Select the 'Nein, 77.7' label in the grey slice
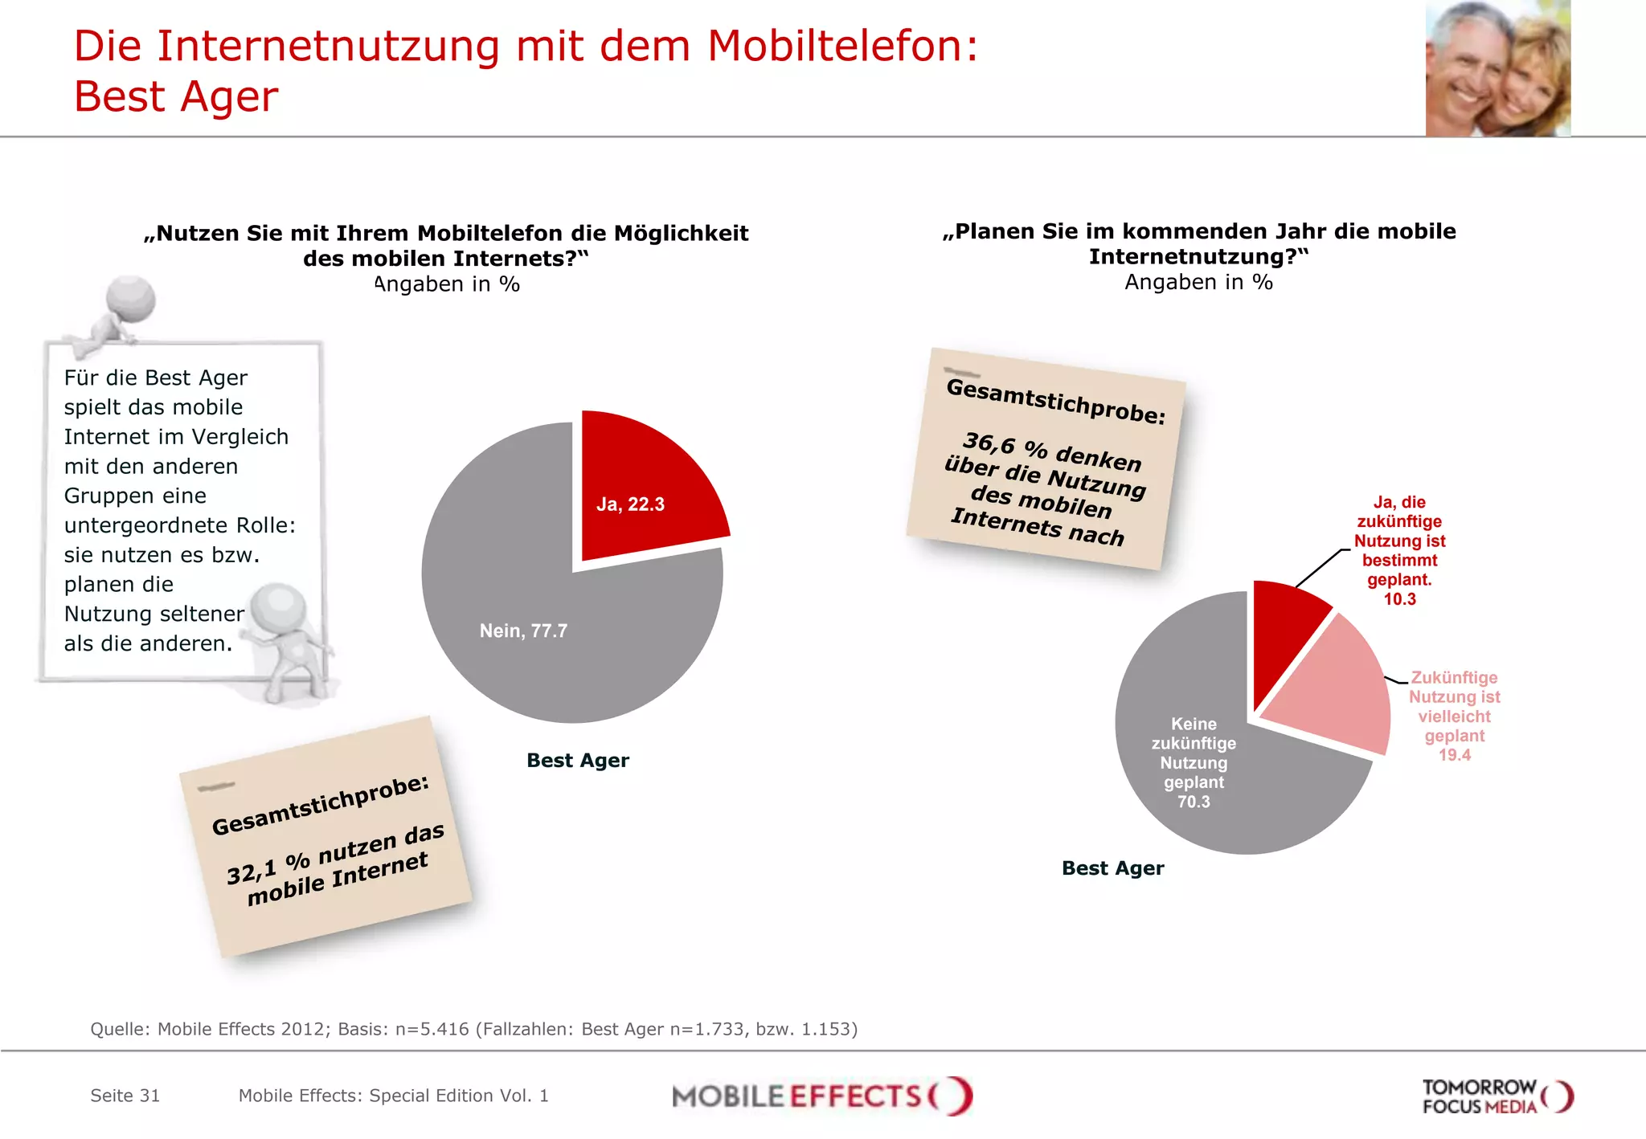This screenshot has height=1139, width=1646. [523, 631]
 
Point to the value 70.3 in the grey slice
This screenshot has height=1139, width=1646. [1194, 802]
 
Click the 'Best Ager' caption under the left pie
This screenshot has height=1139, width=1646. [577, 760]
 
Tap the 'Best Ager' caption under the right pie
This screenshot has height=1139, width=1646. [1112, 868]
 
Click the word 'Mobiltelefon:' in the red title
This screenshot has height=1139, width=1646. [842, 46]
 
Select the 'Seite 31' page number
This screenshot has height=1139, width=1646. [125, 1096]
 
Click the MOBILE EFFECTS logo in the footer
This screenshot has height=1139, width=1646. [821, 1096]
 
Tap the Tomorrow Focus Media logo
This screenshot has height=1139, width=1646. [1497, 1096]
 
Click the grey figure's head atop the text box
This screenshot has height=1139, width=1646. [131, 297]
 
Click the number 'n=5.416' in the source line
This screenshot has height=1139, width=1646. [432, 1029]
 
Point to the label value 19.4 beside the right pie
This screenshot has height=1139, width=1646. [1454, 755]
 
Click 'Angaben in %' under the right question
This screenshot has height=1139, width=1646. [1198, 282]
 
